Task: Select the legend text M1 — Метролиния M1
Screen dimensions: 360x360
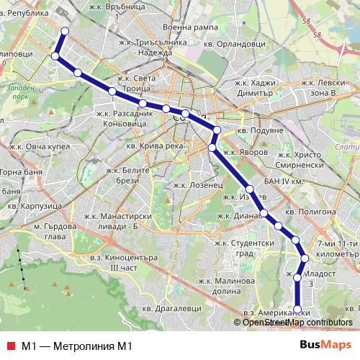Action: [77, 346]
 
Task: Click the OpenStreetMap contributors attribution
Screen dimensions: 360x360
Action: [297, 322]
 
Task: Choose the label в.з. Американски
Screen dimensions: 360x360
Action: [276, 313]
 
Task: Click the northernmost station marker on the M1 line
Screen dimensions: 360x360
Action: [65, 31]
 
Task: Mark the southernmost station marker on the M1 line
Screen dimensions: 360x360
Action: [297, 309]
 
